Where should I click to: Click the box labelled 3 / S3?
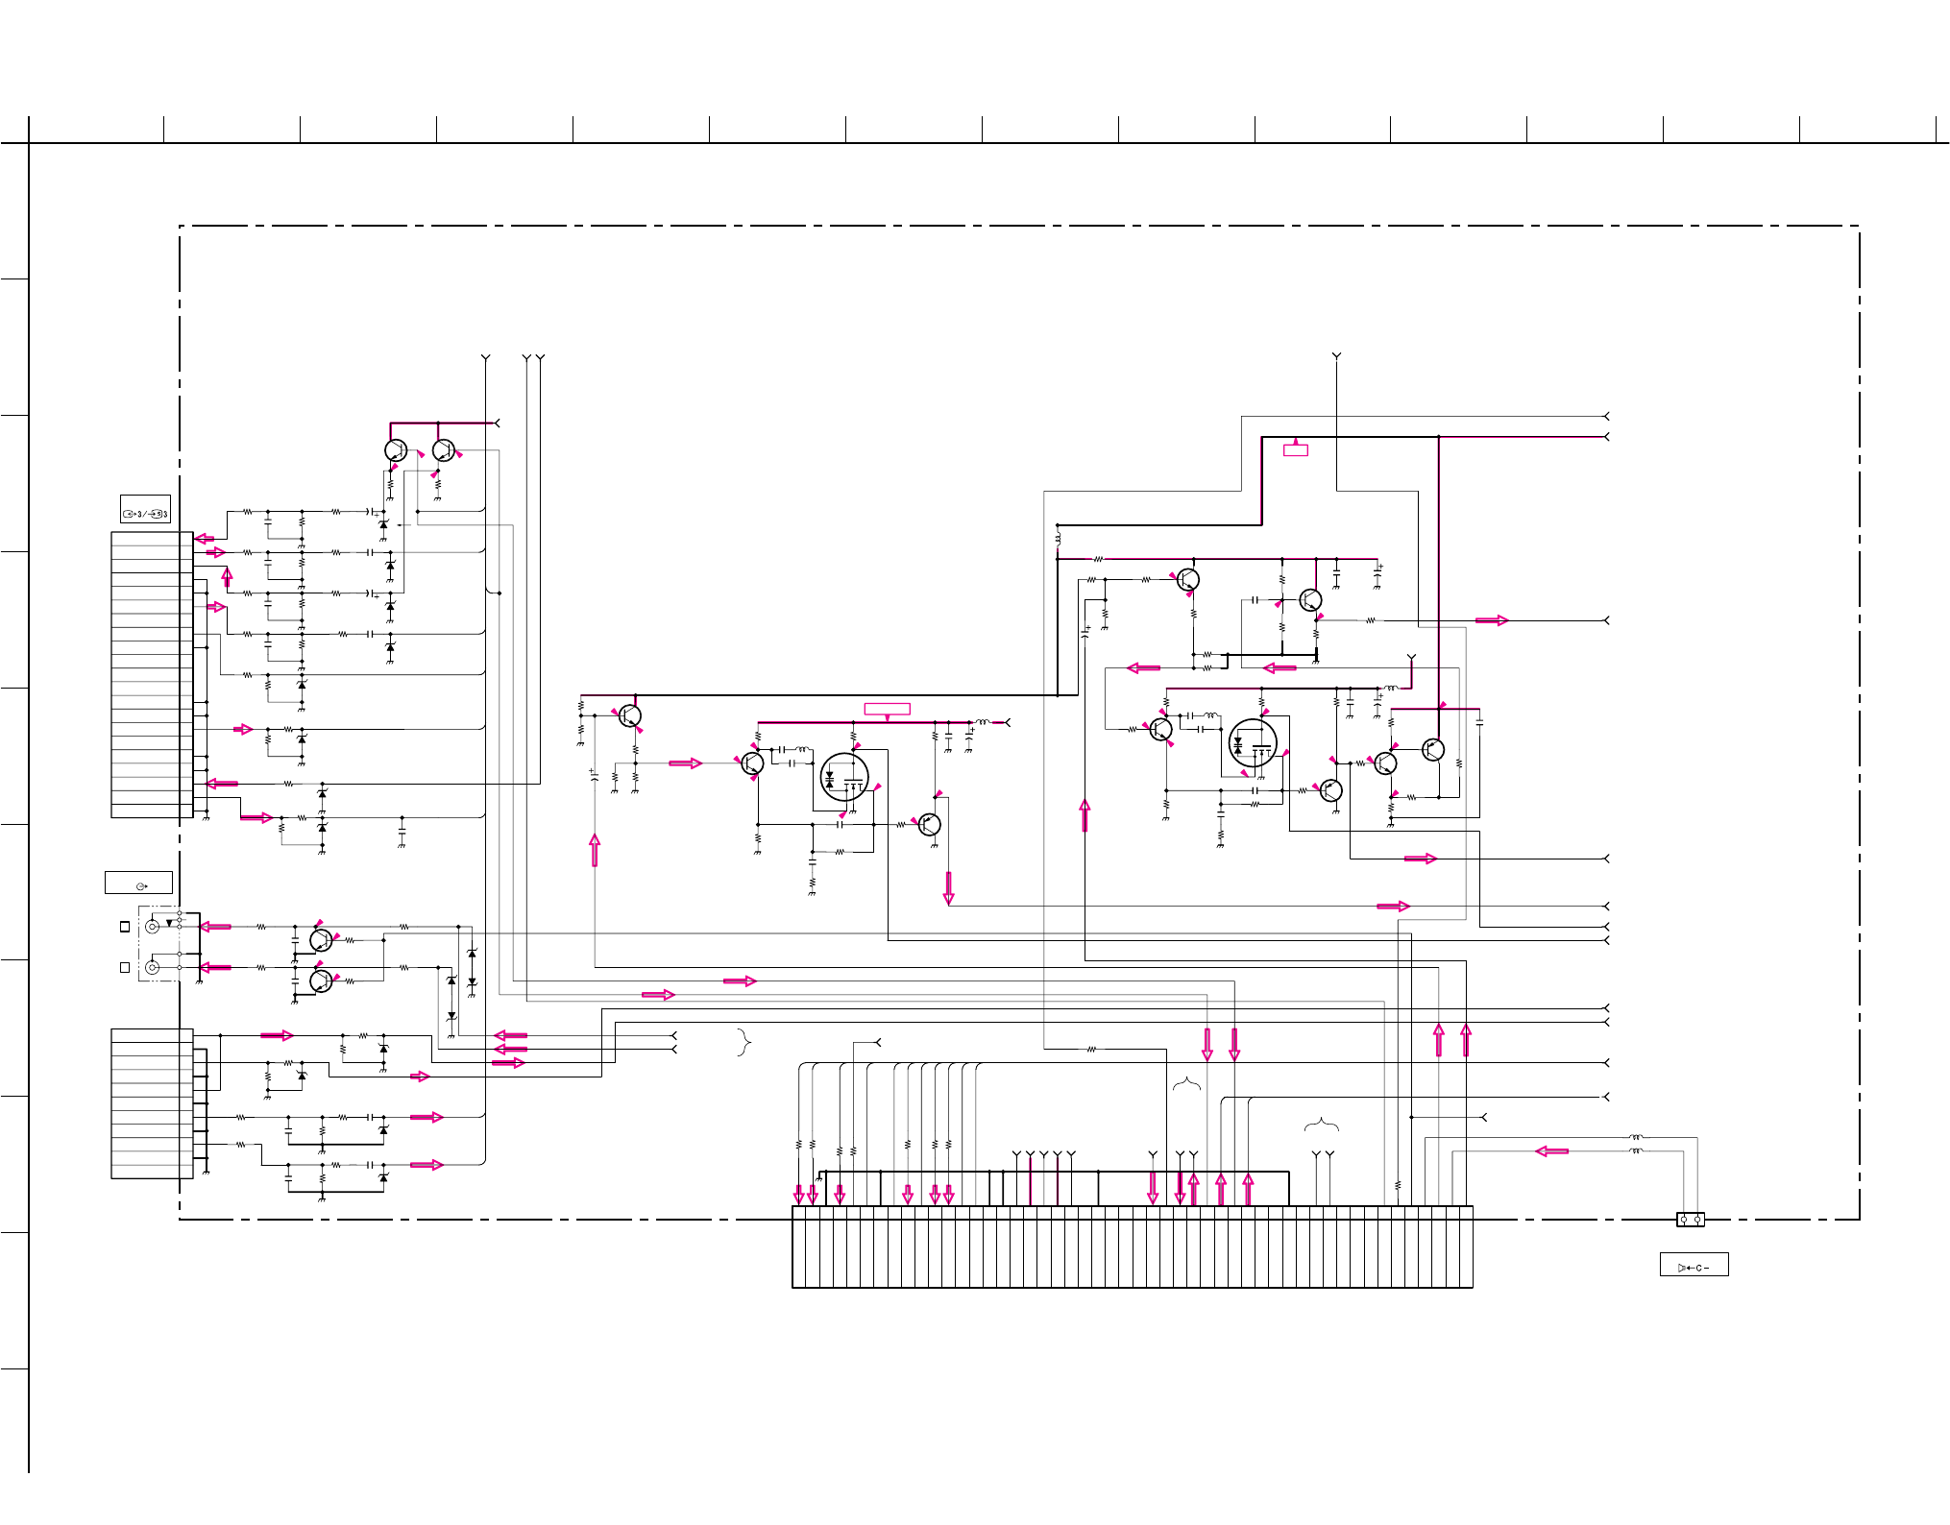[x=145, y=509]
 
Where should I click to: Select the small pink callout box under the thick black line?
[x=1295, y=449]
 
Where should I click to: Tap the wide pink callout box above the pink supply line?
[x=887, y=709]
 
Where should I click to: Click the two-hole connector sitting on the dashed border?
[x=1691, y=1220]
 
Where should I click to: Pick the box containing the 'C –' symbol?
[x=1694, y=1265]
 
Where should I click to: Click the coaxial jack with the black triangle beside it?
[x=152, y=927]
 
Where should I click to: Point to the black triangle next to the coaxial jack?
[x=170, y=923]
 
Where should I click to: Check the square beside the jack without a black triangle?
[x=125, y=967]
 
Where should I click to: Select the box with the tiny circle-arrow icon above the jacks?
[x=138, y=883]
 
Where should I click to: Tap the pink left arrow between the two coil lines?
[x=1551, y=1150]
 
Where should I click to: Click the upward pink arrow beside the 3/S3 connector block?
[x=228, y=577]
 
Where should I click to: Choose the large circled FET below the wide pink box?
[x=844, y=777]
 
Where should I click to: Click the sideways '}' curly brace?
[x=743, y=1042]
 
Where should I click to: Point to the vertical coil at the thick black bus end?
[x=1058, y=539]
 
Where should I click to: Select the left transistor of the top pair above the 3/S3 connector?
[x=396, y=450]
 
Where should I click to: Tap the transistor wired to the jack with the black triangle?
[x=321, y=940]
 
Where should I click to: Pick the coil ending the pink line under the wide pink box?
[x=982, y=722]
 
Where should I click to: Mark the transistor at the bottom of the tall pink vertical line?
[x=1432, y=750]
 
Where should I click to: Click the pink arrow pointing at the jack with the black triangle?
[x=215, y=927]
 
